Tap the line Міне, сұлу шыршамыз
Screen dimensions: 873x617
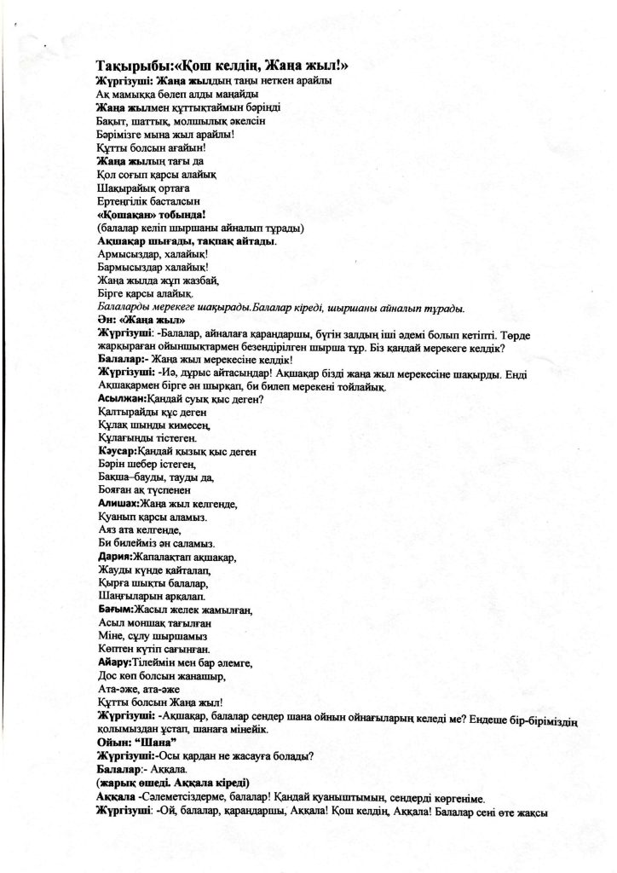tap(153, 636)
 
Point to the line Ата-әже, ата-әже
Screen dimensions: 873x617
tap(141, 689)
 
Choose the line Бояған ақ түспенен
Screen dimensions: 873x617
tap(144, 491)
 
